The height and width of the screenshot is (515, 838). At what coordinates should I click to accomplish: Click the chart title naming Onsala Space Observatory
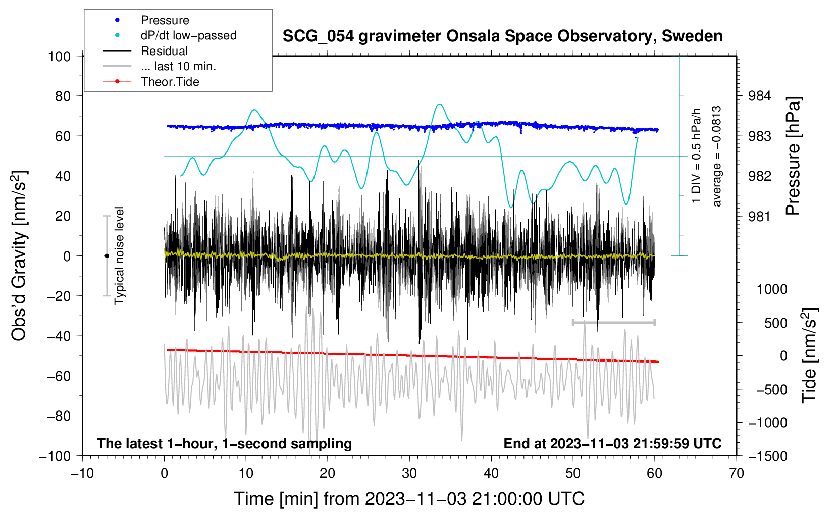tap(502, 36)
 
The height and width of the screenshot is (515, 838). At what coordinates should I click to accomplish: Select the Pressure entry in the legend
tap(165, 20)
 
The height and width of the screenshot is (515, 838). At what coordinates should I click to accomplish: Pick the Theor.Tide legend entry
tap(170, 82)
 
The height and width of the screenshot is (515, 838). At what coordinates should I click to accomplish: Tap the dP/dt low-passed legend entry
tap(188, 35)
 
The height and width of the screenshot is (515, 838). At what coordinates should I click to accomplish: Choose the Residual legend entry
tap(164, 51)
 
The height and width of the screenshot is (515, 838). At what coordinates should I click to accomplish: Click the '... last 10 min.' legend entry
tap(178, 66)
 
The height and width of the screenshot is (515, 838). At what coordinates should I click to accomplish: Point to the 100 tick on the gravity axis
tap(59, 56)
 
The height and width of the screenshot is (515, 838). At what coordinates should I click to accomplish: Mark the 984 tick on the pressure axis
tap(759, 96)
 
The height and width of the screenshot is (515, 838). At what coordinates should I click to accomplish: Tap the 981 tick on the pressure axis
tap(759, 216)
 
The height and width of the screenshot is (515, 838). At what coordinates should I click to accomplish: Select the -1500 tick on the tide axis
tap(767, 456)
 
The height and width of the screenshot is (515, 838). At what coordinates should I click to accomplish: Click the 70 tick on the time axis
tap(737, 473)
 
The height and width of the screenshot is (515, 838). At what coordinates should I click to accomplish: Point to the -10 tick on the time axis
tap(82, 473)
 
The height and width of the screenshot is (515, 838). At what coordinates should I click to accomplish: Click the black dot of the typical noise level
tap(107, 256)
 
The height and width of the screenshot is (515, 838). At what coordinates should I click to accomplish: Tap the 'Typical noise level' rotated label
tap(119, 255)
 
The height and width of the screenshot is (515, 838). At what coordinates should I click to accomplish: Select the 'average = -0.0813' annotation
tap(717, 156)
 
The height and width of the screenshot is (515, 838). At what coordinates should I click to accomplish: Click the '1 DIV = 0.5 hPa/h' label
tap(697, 156)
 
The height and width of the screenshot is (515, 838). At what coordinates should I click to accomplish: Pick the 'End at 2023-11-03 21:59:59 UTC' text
tap(612, 443)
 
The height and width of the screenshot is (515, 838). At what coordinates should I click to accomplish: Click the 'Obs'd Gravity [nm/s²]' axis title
tap(19, 255)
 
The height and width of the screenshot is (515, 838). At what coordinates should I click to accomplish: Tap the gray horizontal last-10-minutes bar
tap(613, 322)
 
